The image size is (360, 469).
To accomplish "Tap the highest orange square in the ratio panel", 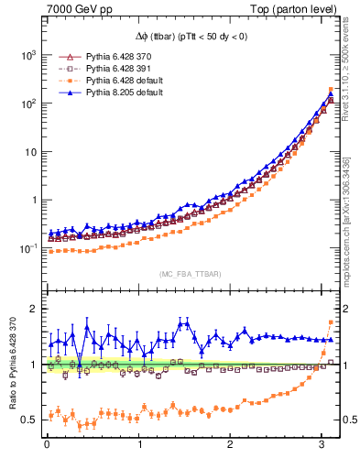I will pyautogui.click(x=331, y=322).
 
